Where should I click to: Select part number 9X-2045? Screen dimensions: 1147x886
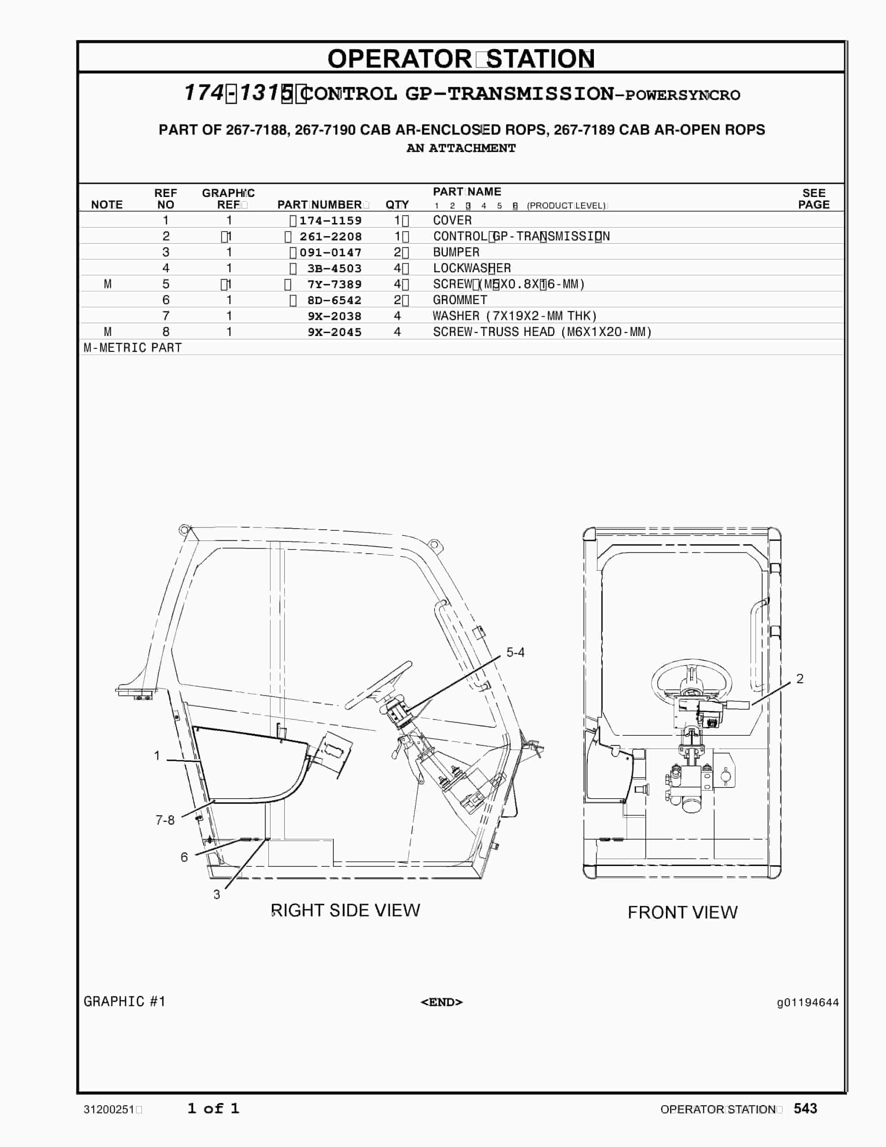334,332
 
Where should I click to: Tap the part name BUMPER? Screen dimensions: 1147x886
456,252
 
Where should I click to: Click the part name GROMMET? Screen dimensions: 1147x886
460,300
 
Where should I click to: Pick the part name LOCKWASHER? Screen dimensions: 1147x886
471,268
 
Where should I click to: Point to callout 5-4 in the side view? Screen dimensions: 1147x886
515,652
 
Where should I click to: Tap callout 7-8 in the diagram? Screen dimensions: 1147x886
165,820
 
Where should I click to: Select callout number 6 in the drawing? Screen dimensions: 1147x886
184,857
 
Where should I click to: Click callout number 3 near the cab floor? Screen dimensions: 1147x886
216,894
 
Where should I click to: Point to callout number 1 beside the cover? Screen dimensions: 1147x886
156,756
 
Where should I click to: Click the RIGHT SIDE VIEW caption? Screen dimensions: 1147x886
345,910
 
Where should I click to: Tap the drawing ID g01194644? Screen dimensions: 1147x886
807,1003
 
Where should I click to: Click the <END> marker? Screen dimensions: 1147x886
442,1002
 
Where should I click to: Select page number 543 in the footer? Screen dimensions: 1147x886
805,1109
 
